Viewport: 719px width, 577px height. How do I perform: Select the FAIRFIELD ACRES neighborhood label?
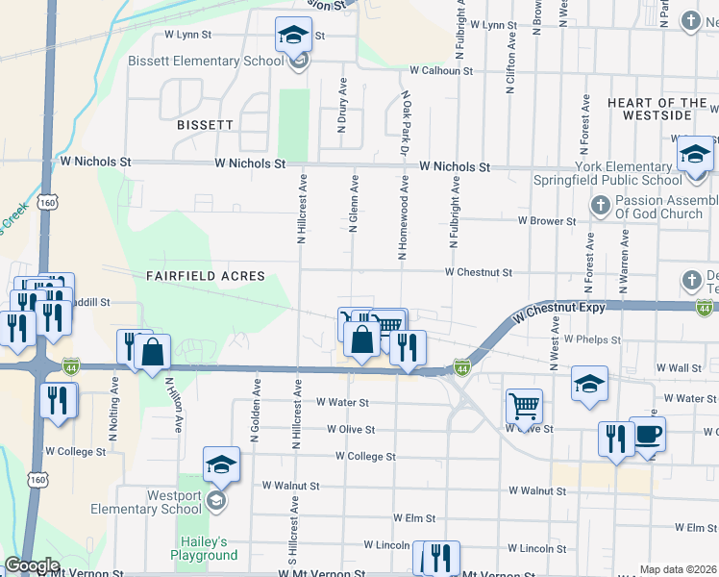[x=205, y=276]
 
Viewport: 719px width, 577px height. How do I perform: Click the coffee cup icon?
[x=647, y=435]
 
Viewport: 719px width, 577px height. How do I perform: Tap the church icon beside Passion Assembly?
[x=600, y=205]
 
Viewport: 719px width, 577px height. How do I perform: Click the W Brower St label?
[x=546, y=221]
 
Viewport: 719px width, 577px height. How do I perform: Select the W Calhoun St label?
[x=441, y=71]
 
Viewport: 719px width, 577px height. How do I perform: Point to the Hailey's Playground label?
[x=204, y=548]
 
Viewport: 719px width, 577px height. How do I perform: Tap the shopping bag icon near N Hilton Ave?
[x=153, y=353]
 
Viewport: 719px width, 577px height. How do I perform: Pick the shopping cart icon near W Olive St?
[x=524, y=406]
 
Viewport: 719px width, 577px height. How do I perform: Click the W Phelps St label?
[x=593, y=339]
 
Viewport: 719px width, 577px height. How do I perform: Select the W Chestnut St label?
[x=478, y=273]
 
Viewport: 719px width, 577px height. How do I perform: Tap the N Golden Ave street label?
[x=256, y=411]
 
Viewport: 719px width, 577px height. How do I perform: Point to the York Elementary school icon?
[x=694, y=155]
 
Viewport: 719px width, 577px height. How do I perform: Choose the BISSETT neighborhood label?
[x=205, y=125]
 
